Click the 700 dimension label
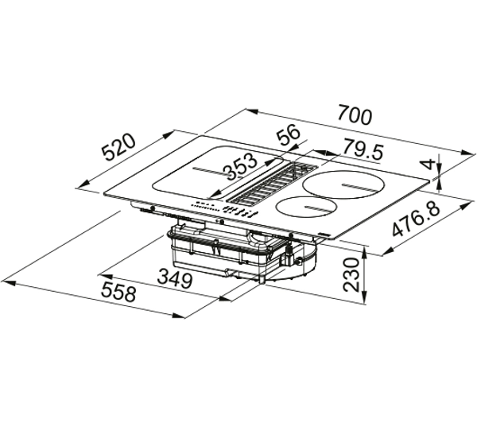click(355, 114)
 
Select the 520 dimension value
click(118, 147)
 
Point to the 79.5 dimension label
click(363, 149)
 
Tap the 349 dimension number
click(175, 279)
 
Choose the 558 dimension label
click(118, 291)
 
